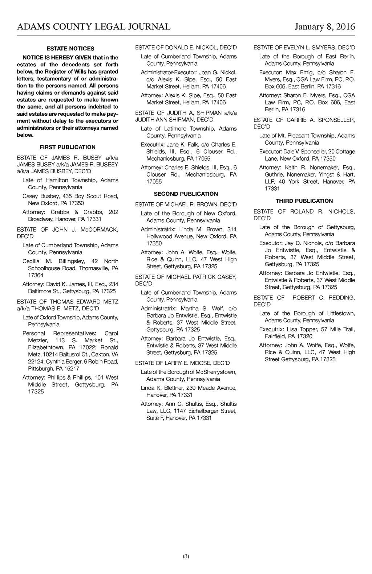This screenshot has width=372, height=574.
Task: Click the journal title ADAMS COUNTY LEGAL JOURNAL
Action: [x=94, y=27]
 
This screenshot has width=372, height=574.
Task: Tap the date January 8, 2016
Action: [x=325, y=27]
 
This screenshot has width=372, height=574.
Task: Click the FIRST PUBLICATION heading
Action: [x=68, y=147]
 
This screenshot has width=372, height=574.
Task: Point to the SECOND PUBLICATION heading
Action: [x=186, y=194]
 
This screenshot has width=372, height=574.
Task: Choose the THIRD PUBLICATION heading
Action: [x=304, y=201]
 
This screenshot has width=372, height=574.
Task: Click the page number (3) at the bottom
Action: [x=186, y=556]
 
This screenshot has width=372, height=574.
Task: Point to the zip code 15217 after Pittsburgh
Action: [x=72, y=368]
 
